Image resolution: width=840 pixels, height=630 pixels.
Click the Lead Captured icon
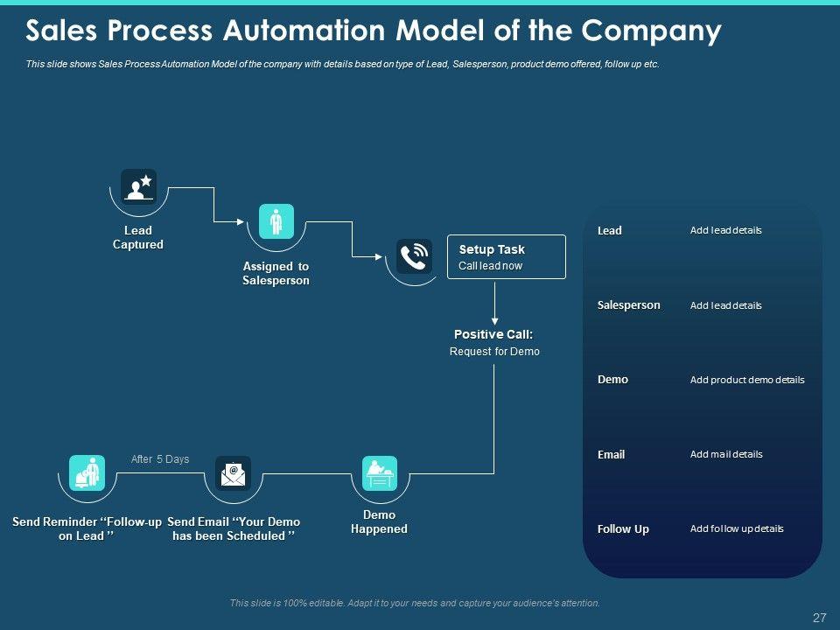click(138, 185)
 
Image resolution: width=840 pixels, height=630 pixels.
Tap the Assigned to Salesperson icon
click(276, 220)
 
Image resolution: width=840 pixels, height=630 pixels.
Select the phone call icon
click(413, 256)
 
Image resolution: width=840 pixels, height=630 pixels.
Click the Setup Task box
click(506, 256)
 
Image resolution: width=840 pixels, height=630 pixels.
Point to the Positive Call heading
click(493, 334)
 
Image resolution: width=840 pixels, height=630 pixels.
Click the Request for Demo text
click(494, 352)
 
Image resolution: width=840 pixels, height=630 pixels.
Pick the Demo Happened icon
click(380, 472)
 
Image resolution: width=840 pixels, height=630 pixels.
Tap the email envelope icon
click(233, 473)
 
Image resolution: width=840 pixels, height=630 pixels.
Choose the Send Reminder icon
click(86, 472)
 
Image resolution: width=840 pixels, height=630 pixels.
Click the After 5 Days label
click(160, 459)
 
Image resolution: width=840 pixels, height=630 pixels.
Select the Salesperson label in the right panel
click(628, 305)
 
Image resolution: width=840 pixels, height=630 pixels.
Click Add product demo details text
click(746, 380)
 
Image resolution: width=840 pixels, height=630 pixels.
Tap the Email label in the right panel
click(611, 455)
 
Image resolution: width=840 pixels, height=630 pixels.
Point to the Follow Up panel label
click(623, 529)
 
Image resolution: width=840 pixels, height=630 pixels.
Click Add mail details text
click(725, 454)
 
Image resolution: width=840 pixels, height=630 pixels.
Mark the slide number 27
click(819, 619)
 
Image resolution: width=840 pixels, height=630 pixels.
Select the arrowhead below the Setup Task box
click(495, 320)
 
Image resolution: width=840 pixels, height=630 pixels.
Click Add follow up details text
click(736, 528)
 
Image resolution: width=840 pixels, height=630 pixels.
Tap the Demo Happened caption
click(379, 522)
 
